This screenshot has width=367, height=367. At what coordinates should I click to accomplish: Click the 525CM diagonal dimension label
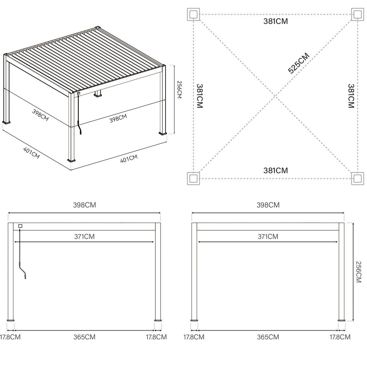pyautogui.click(x=299, y=63)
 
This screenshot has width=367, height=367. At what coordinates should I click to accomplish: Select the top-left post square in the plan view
pyautogui.click(x=193, y=14)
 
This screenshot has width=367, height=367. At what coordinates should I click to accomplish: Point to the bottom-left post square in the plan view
pyautogui.click(x=193, y=178)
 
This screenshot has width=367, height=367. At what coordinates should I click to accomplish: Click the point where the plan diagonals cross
pyautogui.click(x=276, y=96)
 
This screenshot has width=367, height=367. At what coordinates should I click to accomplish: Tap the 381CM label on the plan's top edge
pyautogui.click(x=276, y=21)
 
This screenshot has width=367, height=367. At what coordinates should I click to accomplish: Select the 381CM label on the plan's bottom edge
pyautogui.click(x=276, y=170)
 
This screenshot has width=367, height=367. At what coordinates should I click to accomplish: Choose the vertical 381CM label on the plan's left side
pyautogui.click(x=200, y=96)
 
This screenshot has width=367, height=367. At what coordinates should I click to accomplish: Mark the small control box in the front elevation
pyautogui.click(x=20, y=226)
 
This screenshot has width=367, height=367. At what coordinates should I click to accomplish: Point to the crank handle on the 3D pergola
pyautogui.click(x=80, y=131)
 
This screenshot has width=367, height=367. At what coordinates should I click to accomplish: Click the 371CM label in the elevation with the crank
pyautogui.click(x=84, y=236)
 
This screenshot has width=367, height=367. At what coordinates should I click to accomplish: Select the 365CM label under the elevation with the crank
pyautogui.click(x=84, y=337)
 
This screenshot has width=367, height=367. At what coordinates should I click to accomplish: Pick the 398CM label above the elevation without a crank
pyautogui.click(x=268, y=205)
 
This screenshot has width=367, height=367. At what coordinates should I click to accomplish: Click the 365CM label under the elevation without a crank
pyautogui.click(x=268, y=337)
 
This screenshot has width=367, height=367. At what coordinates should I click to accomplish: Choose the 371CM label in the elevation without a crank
pyautogui.click(x=268, y=236)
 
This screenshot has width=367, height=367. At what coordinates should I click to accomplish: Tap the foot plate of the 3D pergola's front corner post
pyautogui.click(x=72, y=160)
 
